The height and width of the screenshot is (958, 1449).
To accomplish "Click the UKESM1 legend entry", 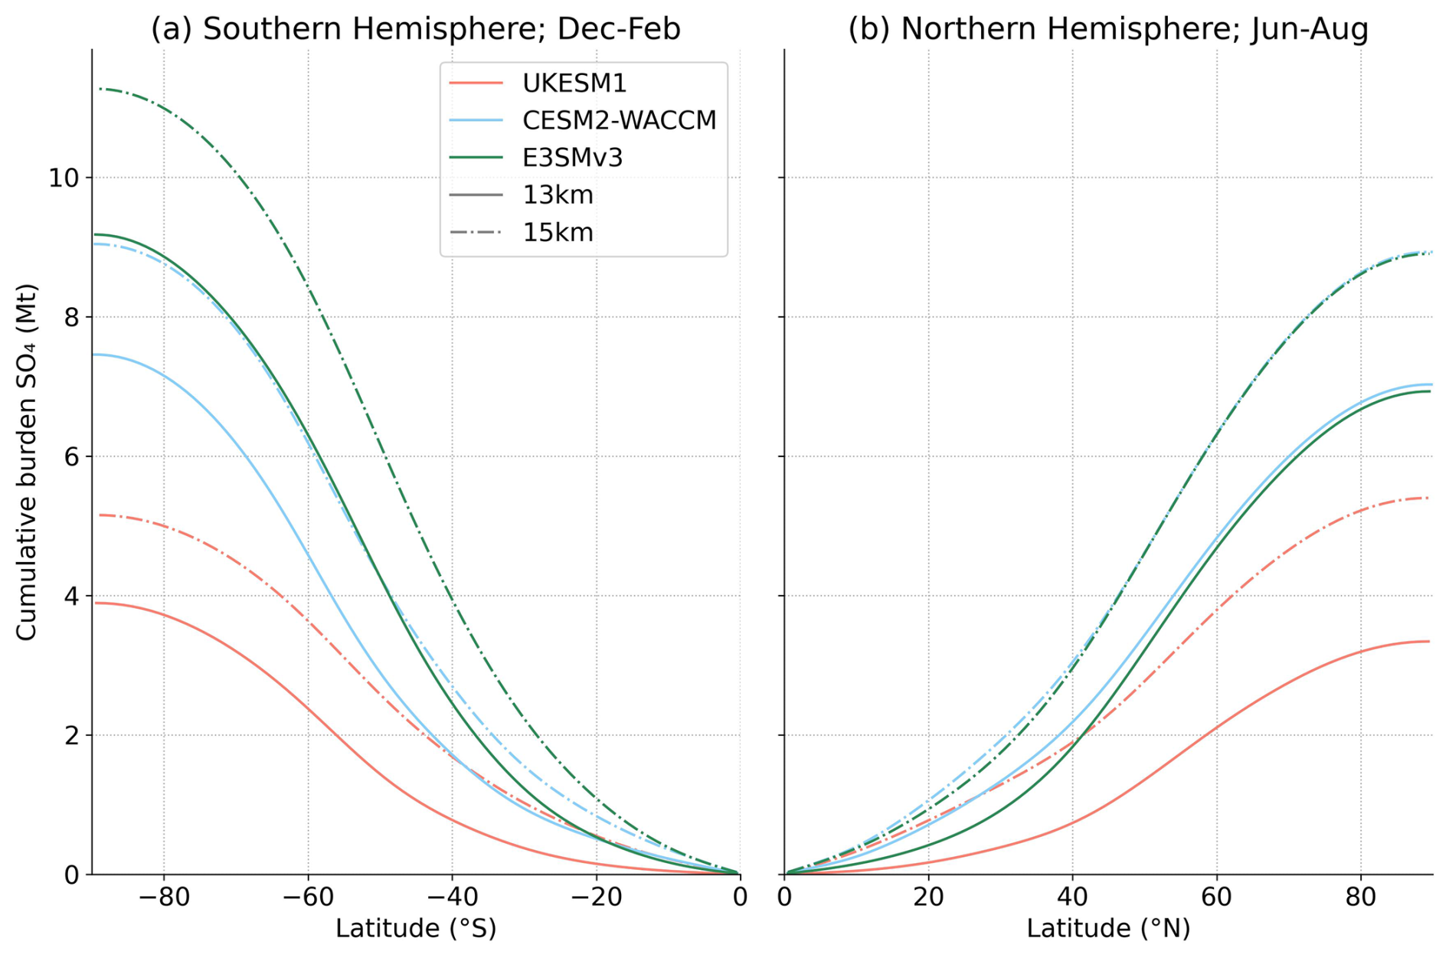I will [x=574, y=83].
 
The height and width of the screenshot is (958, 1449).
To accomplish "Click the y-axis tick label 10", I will [x=64, y=178].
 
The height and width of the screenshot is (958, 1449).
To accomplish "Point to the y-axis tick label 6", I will [x=72, y=456].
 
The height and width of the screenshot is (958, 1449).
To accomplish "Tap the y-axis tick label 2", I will [x=72, y=735].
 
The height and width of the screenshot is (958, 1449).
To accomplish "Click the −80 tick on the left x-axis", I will [x=164, y=897].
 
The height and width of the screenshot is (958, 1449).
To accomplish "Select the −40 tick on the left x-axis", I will [x=452, y=897].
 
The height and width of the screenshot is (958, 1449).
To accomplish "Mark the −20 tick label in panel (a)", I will [x=596, y=897].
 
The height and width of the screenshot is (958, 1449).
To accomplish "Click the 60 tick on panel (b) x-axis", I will [x=1216, y=897].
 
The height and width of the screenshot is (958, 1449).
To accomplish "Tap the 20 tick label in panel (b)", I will [x=928, y=897].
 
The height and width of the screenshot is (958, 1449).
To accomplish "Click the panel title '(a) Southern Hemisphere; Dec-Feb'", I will [x=415, y=29].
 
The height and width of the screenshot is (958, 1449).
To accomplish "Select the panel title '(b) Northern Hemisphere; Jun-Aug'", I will [x=1107, y=29].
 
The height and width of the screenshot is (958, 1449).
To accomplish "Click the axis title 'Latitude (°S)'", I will [x=415, y=929].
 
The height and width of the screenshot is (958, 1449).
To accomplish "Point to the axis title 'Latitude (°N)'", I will [x=1107, y=929].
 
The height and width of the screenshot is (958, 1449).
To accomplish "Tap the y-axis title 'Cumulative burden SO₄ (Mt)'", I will [x=27, y=462].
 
